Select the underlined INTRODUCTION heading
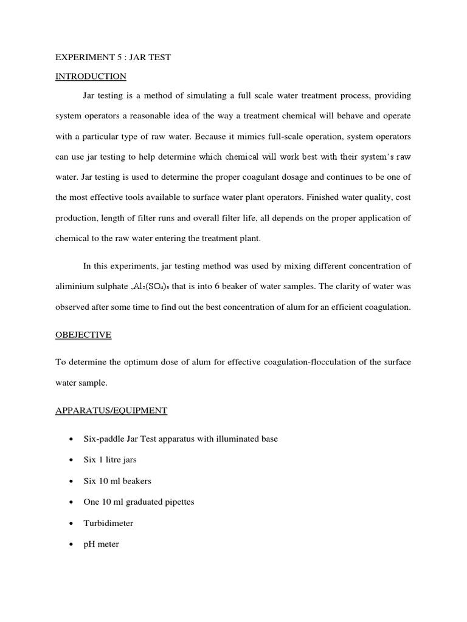91,77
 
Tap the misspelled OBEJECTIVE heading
83,335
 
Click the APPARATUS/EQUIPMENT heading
111,411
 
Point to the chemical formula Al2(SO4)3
135,269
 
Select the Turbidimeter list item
108,523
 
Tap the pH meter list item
101,544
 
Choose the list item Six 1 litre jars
109,460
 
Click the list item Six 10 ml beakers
117,481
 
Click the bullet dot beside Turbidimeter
72,524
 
